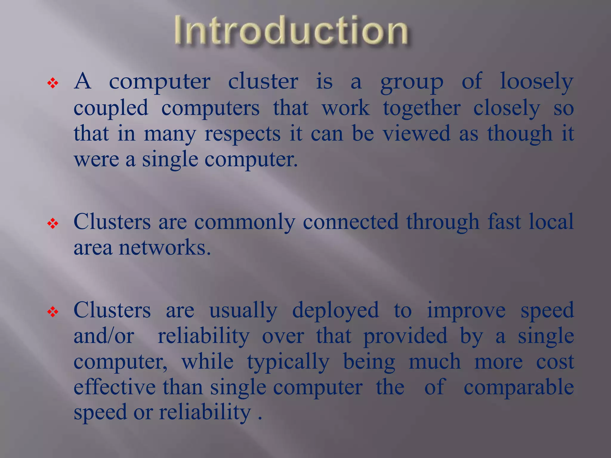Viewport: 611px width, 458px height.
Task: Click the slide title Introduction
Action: tap(291, 31)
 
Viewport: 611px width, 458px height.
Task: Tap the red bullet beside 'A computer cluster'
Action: tap(53, 83)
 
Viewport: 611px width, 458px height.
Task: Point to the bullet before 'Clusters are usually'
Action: tap(53, 312)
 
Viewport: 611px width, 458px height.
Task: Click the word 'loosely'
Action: tap(536, 82)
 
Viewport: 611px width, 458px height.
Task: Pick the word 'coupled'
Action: tap(111, 108)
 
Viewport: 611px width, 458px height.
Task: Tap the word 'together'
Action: tap(422, 108)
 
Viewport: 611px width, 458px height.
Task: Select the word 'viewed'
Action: tap(416, 134)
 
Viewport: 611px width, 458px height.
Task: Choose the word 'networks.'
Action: tap(165, 247)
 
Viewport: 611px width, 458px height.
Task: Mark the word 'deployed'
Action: tap(335, 311)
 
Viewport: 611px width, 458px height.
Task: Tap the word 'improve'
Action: tap(466, 311)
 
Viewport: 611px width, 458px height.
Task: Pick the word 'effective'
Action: tap(115, 387)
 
